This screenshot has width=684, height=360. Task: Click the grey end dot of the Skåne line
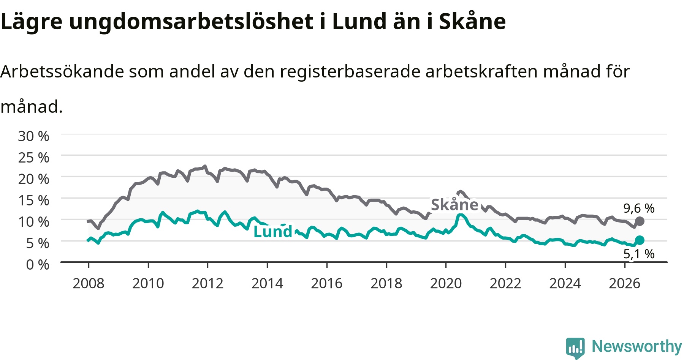tap(640, 221)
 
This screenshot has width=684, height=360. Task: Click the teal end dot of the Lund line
tap(640, 240)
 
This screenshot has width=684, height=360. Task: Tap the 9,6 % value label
tap(639, 208)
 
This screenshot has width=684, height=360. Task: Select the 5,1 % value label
tap(639, 254)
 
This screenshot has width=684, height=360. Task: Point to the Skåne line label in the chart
tap(454, 205)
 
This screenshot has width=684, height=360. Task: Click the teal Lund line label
tap(273, 231)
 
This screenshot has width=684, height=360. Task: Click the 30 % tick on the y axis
tap(33, 136)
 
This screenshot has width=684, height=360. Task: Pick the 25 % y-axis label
tap(33, 157)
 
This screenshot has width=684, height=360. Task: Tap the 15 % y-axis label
tap(33, 200)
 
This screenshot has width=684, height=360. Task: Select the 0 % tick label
tap(38, 264)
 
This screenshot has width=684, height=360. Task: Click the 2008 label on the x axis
tap(89, 283)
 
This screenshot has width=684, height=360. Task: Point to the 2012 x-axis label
tap(207, 283)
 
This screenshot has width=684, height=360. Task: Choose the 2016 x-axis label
tap(327, 283)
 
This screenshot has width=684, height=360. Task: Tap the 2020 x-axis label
tap(446, 283)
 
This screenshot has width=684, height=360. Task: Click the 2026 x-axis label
tap(625, 283)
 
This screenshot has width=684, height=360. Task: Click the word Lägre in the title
tap(32, 22)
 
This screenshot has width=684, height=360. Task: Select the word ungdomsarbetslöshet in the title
tap(191, 22)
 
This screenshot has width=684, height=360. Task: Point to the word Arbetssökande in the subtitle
tap(62, 71)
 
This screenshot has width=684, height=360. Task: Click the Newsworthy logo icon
tap(575, 348)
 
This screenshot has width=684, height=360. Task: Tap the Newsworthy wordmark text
tap(637, 347)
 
